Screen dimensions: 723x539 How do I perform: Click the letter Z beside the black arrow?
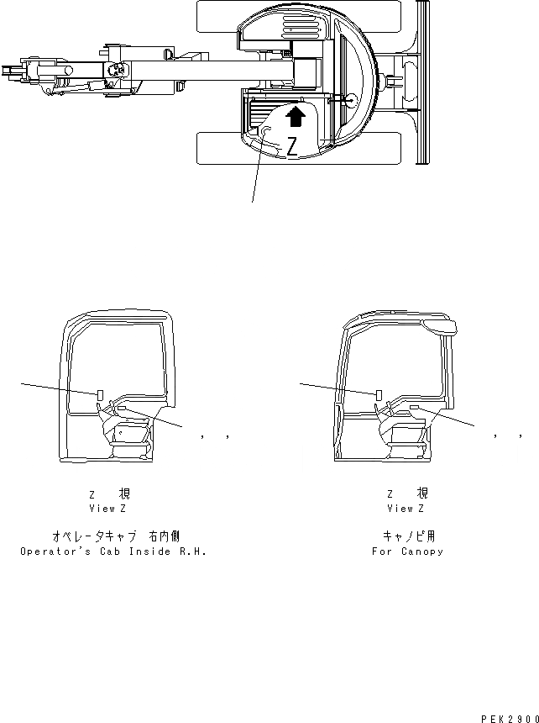(x=291, y=147)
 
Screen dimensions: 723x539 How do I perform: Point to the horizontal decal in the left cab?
(x=123, y=408)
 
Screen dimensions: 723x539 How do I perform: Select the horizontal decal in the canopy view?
(x=413, y=407)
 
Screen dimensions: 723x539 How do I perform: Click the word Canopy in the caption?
(x=422, y=551)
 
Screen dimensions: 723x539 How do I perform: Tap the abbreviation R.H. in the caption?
(x=190, y=551)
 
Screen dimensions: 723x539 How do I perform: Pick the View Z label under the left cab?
(x=107, y=509)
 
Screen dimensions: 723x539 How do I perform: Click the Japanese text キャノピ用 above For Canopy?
(x=409, y=536)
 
